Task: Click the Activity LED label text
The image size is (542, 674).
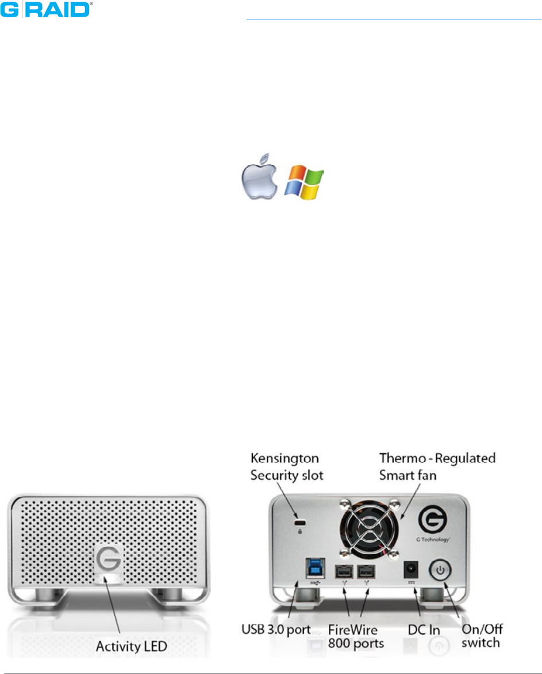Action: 130,646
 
